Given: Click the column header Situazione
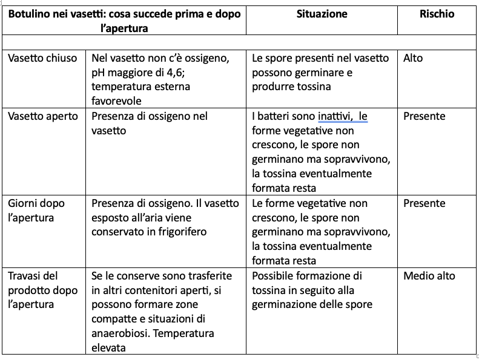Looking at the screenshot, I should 322,14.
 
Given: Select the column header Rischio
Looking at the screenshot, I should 437,14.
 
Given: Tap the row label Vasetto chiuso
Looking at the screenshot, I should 42,58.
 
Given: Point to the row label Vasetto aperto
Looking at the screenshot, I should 43,116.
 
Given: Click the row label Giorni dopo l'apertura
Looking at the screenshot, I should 36,210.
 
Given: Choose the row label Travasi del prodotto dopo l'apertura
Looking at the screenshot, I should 43,290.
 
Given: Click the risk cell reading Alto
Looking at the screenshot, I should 413,58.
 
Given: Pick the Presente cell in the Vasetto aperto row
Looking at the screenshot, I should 424,116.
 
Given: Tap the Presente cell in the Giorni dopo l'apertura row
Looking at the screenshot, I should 424,203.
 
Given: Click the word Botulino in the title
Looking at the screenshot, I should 30,14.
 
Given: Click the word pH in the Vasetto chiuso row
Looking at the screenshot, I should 99,73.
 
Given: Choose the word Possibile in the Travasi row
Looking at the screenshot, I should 274,276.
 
